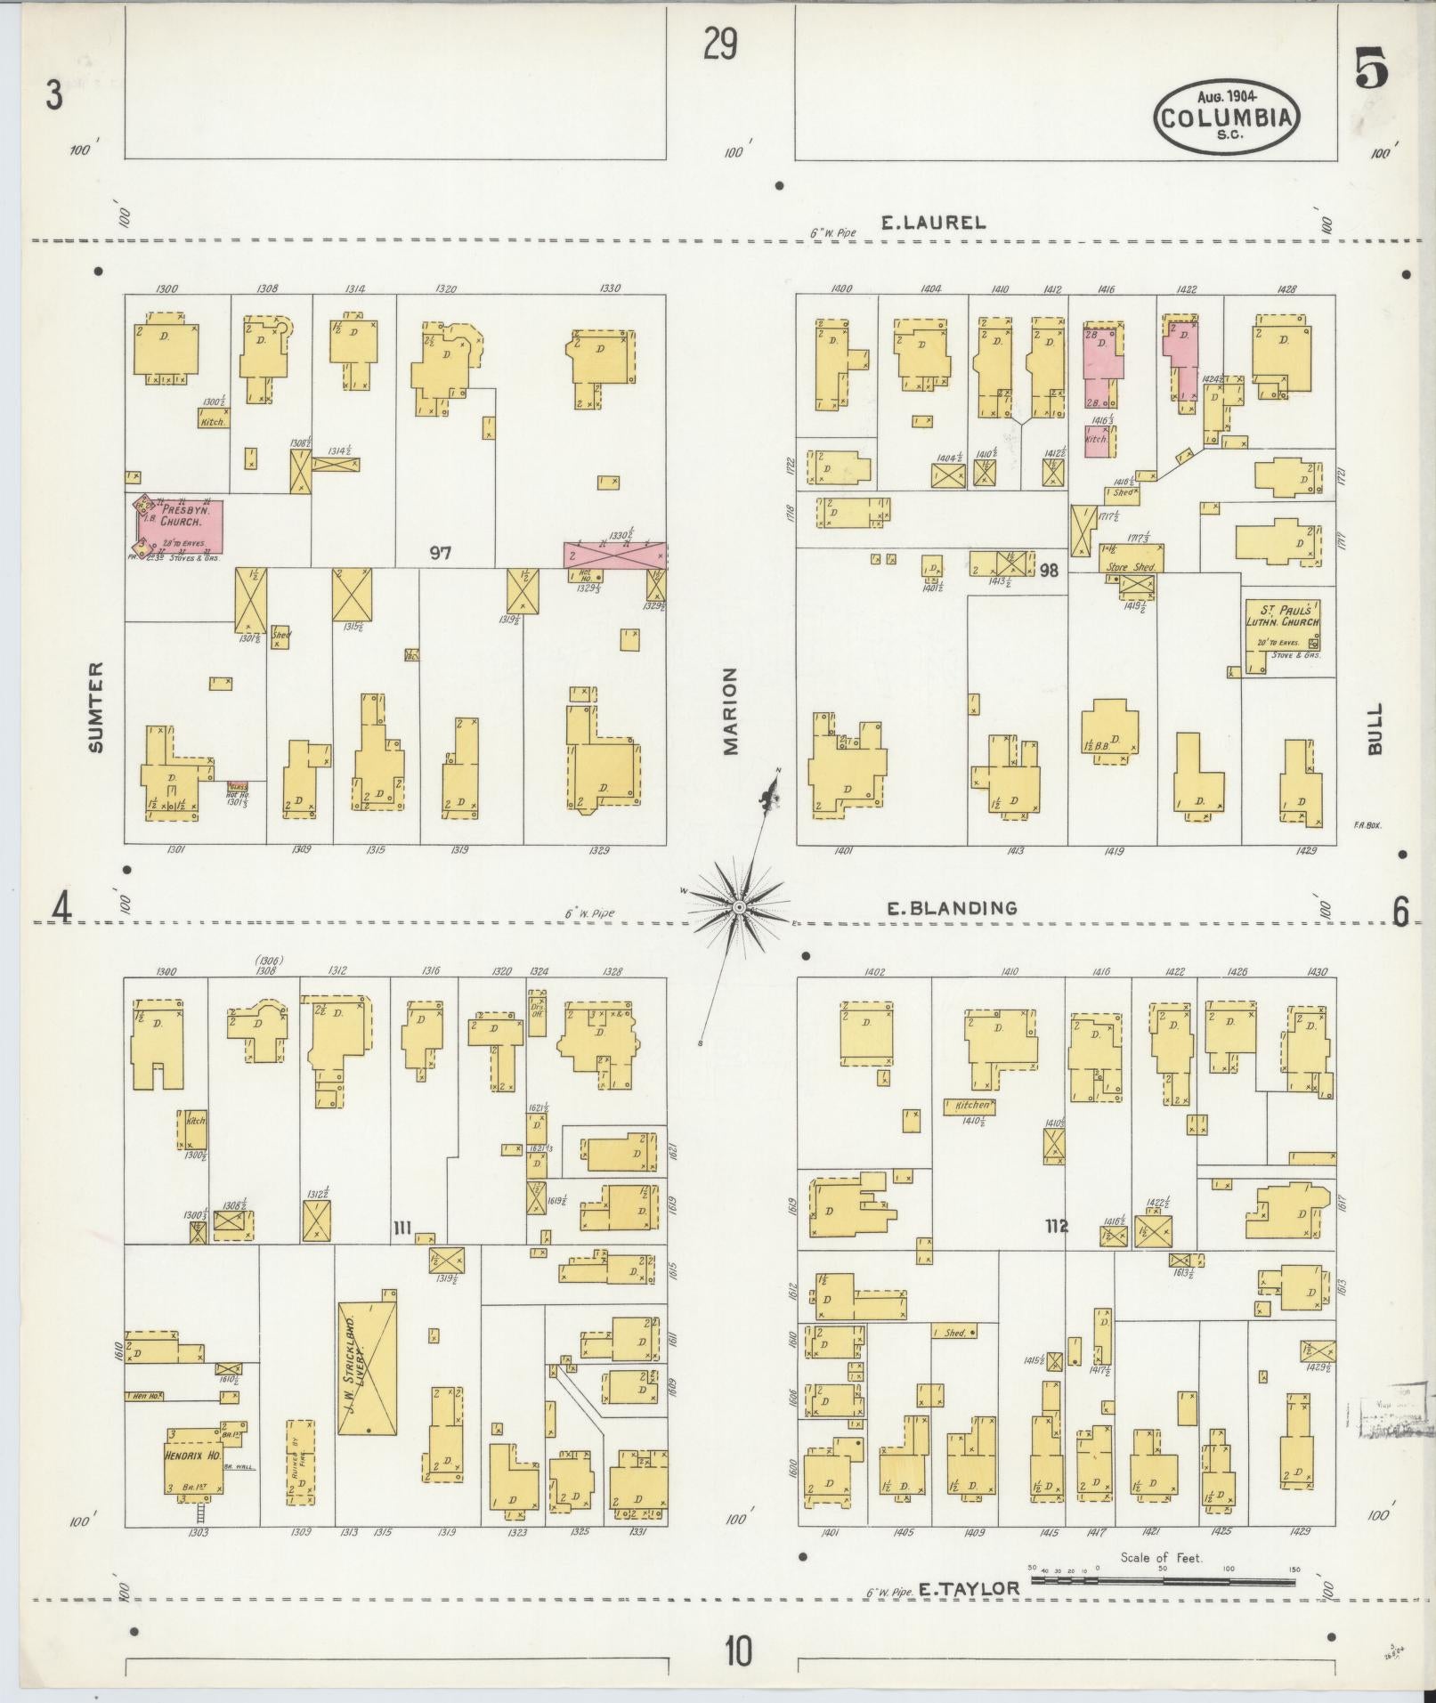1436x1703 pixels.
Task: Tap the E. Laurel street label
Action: coord(933,223)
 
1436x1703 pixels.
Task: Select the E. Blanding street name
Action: coord(951,908)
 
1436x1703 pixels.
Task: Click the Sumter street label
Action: coord(96,706)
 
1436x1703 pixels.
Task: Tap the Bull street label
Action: coord(1376,728)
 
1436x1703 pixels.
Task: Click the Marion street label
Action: coord(731,711)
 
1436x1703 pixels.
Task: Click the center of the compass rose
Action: coord(739,906)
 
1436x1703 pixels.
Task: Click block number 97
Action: coord(440,553)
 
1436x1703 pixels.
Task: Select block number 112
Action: coord(1057,1227)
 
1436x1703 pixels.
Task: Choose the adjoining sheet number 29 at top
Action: coord(719,43)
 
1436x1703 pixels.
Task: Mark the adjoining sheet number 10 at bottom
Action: coord(737,1651)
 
